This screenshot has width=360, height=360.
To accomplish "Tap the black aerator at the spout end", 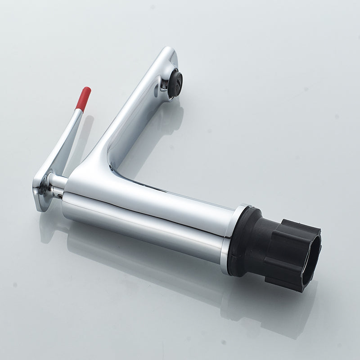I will click(x=175, y=84).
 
